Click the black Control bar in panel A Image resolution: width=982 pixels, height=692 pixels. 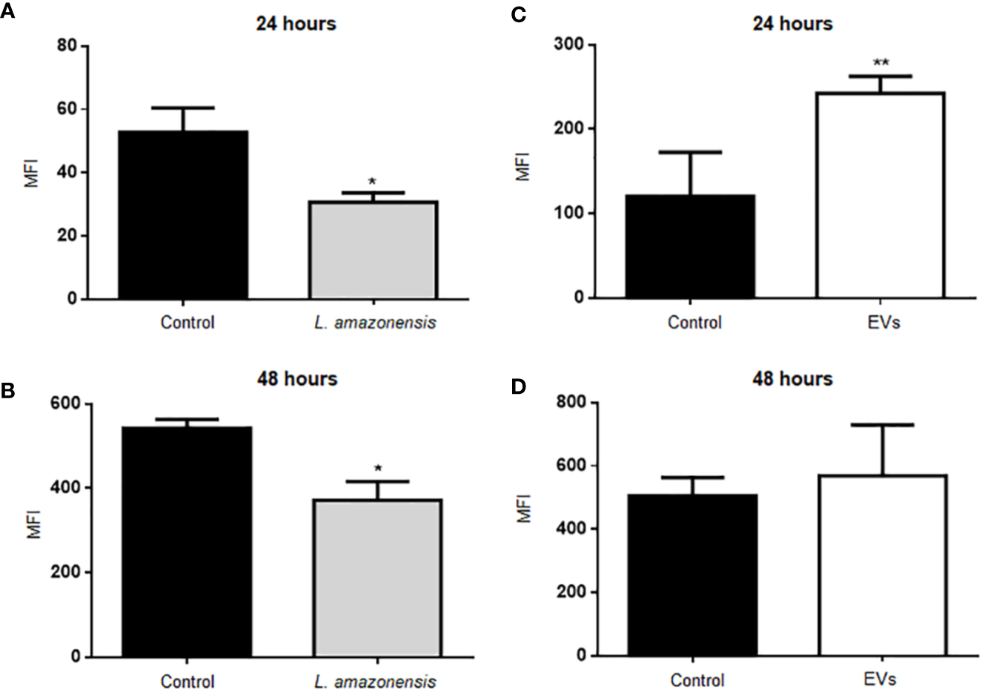click(x=184, y=215)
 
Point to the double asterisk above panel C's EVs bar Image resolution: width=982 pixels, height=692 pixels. click(x=880, y=62)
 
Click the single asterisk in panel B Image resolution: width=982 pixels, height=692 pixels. click(x=377, y=469)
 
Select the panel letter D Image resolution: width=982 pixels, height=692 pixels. click(x=520, y=387)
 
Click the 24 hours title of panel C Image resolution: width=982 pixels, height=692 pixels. click(x=792, y=24)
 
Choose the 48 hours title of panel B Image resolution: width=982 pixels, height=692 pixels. click(x=296, y=379)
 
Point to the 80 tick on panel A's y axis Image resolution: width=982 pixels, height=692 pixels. click(x=68, y=46)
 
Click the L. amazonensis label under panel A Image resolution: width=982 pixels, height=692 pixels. click(x=374, y=323)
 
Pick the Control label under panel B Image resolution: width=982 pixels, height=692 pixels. click(x=188, y=681)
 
